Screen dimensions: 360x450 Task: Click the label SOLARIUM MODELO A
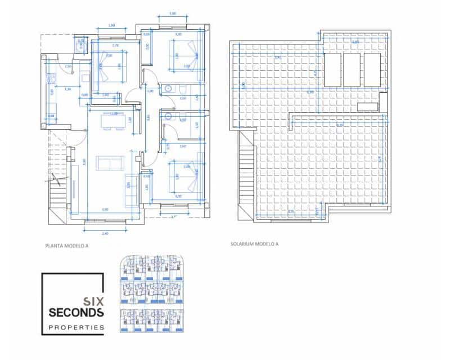[x=254, y=244]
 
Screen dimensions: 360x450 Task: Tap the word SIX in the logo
[x=93, y=301]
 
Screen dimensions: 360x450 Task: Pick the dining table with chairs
[x=113, y=121]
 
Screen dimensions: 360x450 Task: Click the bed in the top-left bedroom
[x=109, y=63]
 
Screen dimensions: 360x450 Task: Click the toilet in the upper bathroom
[x=184, y=89]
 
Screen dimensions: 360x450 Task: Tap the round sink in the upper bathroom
[x=168, y=88]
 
